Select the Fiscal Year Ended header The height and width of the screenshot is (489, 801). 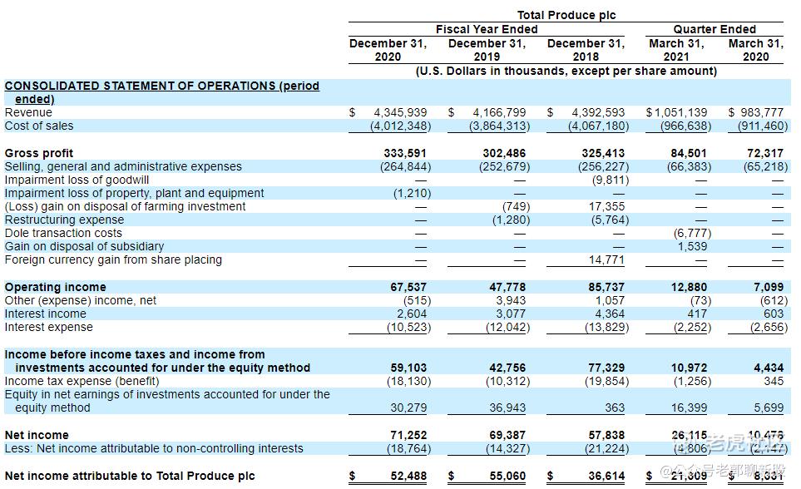[487, 29]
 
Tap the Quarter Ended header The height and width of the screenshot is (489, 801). [715, 29]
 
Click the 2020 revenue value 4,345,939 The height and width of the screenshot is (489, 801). [400, 112]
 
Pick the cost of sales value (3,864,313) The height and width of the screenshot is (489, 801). [499, 126]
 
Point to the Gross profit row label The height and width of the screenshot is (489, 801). [39, 153]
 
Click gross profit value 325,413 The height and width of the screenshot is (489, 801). [603, 153]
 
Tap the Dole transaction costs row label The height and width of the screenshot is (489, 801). [63, 233]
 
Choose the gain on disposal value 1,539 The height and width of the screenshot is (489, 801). [692, 246]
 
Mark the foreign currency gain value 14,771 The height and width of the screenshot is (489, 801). [606, 260]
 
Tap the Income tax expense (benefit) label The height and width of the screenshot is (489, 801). [82, 381]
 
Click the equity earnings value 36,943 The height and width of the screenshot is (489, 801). [507, 407]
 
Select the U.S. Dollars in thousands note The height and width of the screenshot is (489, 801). [566, 71]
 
